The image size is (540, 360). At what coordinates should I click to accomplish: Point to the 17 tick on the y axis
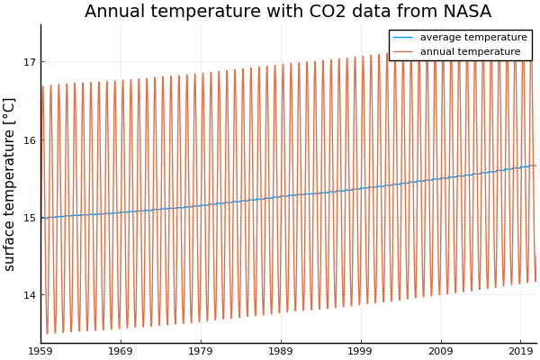tap(30, 62)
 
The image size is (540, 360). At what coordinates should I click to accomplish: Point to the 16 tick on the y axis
tap(30, 140)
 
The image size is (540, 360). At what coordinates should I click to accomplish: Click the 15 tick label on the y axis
tap(30, 218)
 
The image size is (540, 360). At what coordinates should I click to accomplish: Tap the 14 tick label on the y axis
tap(30, 295)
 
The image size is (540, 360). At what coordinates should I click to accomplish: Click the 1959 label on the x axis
tap(40, 350)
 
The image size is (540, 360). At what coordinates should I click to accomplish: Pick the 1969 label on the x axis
tap(121, 350)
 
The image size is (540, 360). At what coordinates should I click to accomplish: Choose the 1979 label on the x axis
tap(201, 350)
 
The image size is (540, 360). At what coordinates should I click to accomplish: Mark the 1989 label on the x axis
tap(281, 350)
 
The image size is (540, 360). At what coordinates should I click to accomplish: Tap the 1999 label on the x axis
tap(361, 350)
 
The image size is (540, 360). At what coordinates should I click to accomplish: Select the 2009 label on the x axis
tap(441, 350)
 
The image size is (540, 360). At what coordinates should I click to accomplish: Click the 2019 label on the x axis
tap(520, 350)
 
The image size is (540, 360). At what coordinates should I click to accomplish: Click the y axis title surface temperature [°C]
tap(10, 184)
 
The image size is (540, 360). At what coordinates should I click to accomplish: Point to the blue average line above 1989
tap(281, 196)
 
